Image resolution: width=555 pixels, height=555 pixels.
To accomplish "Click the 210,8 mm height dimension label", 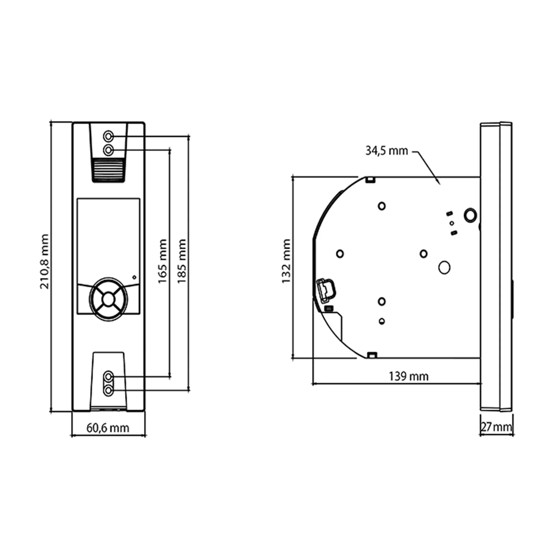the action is pos(44,261).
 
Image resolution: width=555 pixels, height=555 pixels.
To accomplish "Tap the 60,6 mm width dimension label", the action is pos(108,428).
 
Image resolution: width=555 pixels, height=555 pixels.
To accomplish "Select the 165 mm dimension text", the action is pos(163,261).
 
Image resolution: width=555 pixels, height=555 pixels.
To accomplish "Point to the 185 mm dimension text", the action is pos(181,261).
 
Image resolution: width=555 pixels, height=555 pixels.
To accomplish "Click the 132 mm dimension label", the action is pos(286,261).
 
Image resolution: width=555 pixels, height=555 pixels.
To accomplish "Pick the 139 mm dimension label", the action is pos(409,376).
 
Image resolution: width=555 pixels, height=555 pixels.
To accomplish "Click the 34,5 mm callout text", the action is pos(387,151).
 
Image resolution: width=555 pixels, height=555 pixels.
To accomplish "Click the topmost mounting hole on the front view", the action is pos(108,136).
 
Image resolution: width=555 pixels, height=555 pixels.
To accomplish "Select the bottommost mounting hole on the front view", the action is pos(108,390).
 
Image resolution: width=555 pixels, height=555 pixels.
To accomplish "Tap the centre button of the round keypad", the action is pos(108,299).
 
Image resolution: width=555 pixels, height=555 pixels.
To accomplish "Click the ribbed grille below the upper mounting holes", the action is pos(109,170).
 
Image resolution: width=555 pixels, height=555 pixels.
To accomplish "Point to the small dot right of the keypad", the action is pos(134,277).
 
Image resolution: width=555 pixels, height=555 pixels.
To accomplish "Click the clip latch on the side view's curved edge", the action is pos(326,291).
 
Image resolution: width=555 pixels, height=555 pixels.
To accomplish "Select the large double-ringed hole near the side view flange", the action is pos(470,215).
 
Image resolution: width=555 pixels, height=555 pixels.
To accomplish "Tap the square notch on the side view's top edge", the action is pos(371,180).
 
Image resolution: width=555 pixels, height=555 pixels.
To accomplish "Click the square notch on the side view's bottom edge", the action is pos(372,355).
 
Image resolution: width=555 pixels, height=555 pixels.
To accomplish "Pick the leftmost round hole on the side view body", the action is pos(340,254).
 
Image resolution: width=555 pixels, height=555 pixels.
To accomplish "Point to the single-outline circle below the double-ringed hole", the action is pos(444,268).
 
